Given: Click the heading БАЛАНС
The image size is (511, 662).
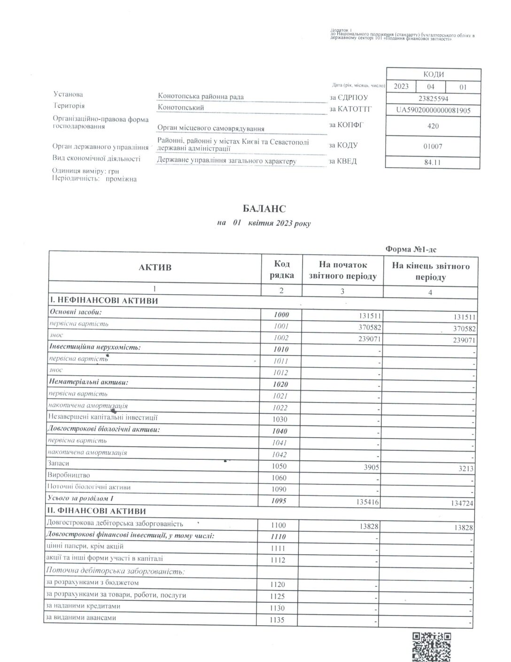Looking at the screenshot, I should [264, 209].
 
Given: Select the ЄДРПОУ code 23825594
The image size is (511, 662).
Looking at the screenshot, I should [433, 99].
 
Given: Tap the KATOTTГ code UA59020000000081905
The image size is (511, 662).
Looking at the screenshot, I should [433, 110].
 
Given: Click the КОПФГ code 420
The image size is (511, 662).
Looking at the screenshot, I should [433, 126].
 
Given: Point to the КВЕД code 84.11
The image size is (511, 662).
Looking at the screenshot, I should [433, 163].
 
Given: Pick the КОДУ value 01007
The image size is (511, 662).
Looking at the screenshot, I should [433, 146].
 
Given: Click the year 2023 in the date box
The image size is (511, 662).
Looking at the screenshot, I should [401, 87].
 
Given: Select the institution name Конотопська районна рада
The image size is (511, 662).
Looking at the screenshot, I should [201, 97].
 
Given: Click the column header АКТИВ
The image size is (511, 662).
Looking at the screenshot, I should [155, 268].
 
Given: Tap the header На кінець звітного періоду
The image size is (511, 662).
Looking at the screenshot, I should [430, 271].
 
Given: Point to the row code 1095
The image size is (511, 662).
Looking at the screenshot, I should [279, 501].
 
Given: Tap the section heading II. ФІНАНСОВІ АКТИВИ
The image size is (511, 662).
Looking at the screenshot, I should [96, 511].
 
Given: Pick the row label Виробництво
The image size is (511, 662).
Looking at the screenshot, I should [69, 475].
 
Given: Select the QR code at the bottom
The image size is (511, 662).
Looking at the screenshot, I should [431, 647].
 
